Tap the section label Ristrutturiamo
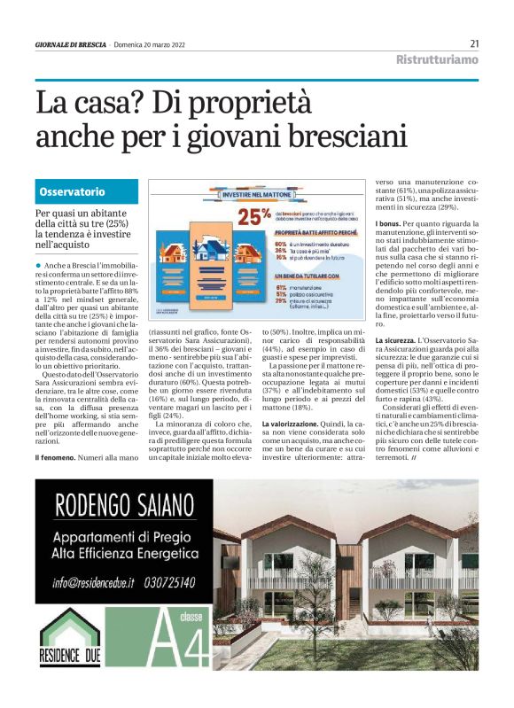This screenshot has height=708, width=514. coord(436,60)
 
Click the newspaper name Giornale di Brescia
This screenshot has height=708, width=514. coord(71,44)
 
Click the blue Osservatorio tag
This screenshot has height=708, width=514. coord(73,191)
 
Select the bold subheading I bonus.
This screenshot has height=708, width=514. coord(389,224)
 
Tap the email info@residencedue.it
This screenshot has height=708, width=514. coord(93,582)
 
